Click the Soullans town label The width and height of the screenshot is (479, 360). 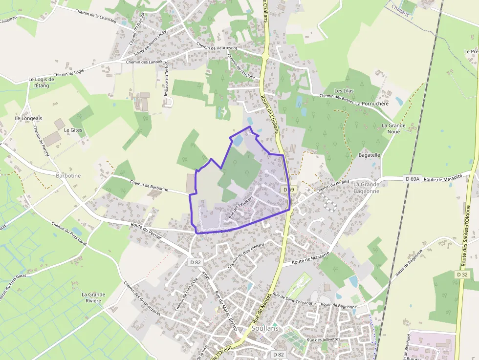265,328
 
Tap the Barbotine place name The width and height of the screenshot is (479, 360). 68,175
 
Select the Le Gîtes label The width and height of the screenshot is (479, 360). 73,130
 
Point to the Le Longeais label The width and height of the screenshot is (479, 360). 28,118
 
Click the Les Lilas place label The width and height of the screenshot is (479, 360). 344,91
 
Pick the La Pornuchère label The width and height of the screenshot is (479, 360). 371,104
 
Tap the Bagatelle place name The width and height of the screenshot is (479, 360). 369,155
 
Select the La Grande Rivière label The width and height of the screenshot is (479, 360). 93,297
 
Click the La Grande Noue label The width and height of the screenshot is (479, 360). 393,128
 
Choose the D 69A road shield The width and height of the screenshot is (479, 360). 413,179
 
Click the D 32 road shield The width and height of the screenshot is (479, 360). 462,275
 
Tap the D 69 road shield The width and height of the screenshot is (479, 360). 288,190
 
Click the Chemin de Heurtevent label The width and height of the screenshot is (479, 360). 217,46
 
